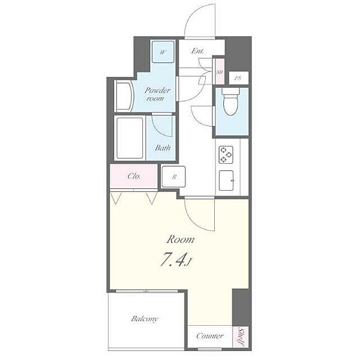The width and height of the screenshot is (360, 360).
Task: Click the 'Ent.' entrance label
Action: point(197,51)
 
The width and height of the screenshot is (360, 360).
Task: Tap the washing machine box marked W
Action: point(163,52)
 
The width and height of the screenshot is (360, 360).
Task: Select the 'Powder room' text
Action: point(157,94)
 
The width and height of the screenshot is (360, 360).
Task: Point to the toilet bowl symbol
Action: point(231,101)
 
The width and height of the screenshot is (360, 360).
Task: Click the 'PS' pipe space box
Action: point(239,78)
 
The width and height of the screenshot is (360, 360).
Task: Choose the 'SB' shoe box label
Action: point(220,73)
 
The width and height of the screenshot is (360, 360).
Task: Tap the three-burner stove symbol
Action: point(226,155)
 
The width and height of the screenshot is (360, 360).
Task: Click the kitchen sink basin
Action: point(226,181)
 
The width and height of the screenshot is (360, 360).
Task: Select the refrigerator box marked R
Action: point(173,176)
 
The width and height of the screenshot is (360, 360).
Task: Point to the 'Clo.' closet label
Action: point(134,176)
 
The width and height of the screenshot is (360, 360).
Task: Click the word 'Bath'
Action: point(163,148)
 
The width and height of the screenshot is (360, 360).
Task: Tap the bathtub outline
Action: point(130,138)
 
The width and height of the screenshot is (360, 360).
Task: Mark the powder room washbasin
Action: point(124,95)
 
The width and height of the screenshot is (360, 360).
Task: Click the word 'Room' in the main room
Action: point(181,239)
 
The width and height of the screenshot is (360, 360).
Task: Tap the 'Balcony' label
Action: point(145,319)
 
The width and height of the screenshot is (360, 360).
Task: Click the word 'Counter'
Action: point(209,336)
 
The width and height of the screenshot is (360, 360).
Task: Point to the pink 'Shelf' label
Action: point(241,337)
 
